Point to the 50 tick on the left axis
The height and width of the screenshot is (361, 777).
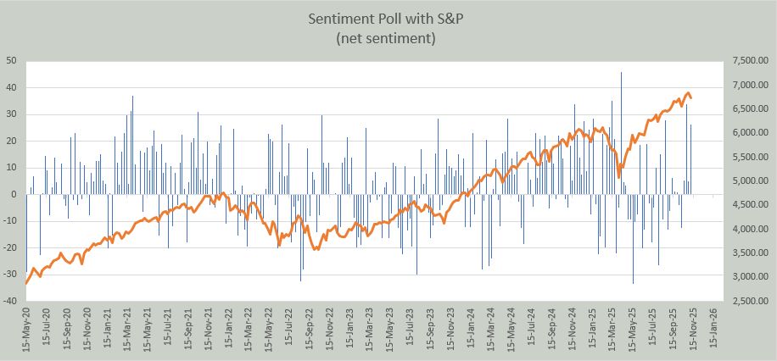pyautogui.click(x=12, y=61)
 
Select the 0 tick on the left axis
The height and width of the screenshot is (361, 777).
pyautogui.click(x=14, y=194)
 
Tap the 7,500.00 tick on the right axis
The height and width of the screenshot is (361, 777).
pyautogui.click(x=747, y=61)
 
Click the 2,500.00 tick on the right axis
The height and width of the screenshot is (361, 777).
pyautogui.click(x=747, y=301)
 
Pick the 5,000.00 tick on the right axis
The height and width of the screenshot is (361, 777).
pyautogui.click(x=747, y=181)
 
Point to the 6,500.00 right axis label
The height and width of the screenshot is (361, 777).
pyautogui.click(x=747, y=109)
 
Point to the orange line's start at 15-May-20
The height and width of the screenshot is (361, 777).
pyautogui.click(x=27, y=283)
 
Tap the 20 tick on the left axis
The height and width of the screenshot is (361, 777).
pyautogui.click(x=12, y=141)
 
